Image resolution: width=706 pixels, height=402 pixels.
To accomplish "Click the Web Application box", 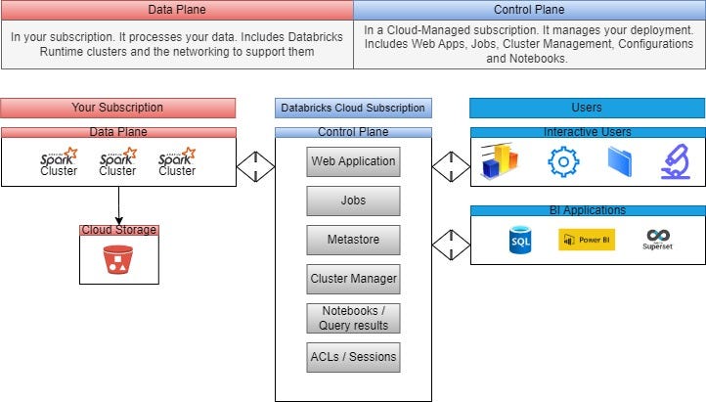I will [x=353, y=161].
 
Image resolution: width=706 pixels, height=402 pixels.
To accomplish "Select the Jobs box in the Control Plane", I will [x=353, y=201].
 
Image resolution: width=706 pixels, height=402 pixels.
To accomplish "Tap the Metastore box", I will [x=353, y=240].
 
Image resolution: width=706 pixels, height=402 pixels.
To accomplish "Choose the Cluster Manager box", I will [x=353, y=279].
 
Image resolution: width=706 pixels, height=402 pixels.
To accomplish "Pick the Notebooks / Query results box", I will [x=353, y=318].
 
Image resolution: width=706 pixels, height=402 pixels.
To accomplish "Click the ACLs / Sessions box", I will [x=353, y=357].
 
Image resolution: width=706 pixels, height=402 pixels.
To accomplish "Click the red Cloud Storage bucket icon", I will [x=118, y=259].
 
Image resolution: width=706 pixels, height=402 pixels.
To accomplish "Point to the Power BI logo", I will [x=586, y=240].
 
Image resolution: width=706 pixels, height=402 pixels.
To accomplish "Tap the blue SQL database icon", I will [x=520, y=240].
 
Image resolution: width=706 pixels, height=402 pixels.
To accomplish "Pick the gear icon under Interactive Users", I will [x=563, y=161].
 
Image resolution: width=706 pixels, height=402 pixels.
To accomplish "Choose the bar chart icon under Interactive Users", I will [x=500, y=161].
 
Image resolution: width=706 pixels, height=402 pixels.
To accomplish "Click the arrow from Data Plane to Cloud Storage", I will [x=118, y=205].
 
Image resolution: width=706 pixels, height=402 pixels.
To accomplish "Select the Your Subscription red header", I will [x=118, y=108].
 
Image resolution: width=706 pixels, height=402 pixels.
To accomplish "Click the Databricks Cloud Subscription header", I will [x=353, y=108].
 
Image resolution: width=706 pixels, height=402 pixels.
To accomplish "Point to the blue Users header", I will [x=587, y=108].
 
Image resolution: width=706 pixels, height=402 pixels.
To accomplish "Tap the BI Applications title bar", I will [x=587, y=210].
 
